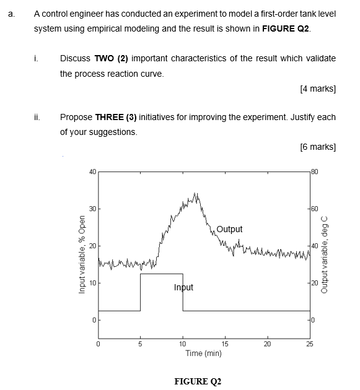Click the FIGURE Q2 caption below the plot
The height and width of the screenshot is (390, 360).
click(x=198, y=381)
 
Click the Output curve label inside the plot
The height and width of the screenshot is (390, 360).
click(x=229, y=229)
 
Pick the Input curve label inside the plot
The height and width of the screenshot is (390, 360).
click(x=183, y=287)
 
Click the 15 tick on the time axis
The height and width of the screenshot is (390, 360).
click(x=225, y=344)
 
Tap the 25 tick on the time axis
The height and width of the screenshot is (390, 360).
click(x=309, y=344)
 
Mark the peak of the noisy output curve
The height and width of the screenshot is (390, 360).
click(x=196, y=194)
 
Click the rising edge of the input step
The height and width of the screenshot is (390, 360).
click(x=141, y=292)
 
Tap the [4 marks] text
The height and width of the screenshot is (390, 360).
click(x=317, y=89)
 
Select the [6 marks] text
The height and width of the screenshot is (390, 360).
click(x=317, y=147)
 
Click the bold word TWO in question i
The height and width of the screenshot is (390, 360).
click(x=103, y=58)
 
